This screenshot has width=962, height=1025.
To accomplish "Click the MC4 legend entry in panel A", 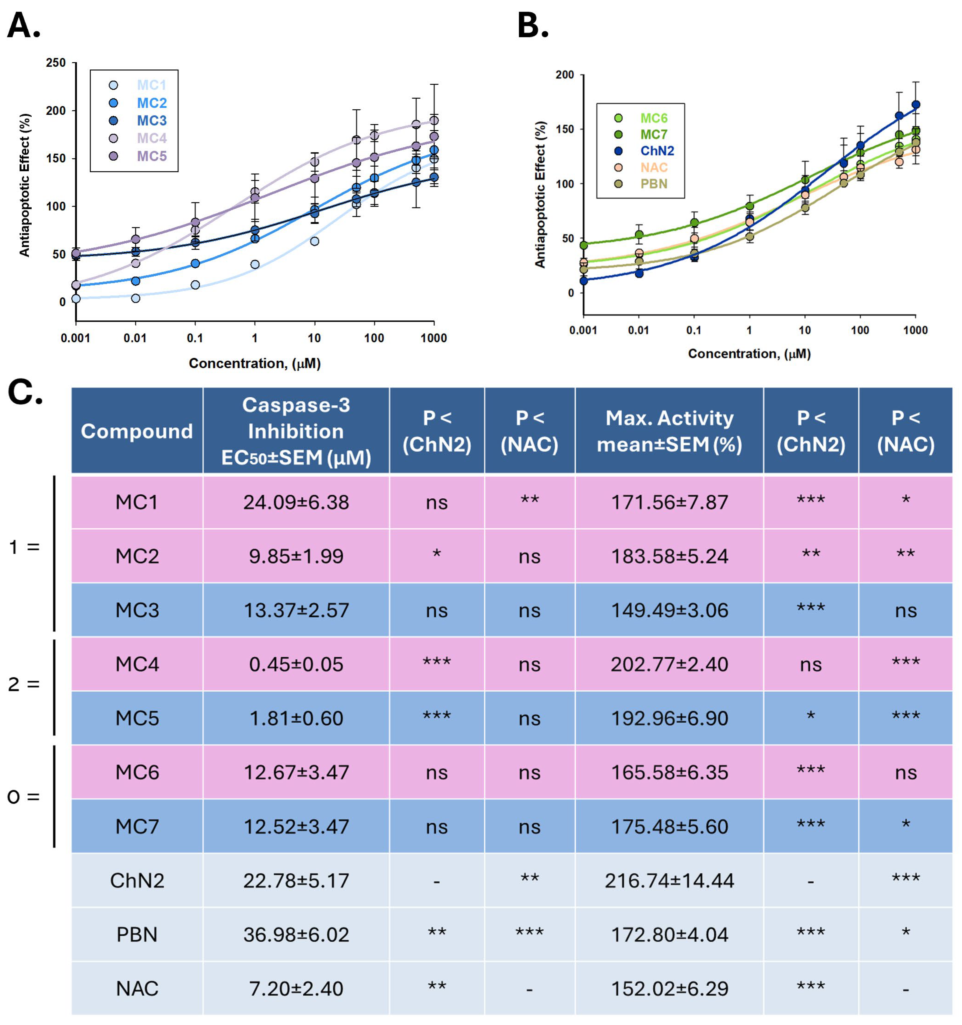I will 152,138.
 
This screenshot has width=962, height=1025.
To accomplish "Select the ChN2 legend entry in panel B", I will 657,150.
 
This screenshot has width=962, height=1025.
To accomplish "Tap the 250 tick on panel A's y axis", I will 56,63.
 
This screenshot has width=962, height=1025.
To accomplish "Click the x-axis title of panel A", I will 255,363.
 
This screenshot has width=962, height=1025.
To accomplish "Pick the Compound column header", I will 137,431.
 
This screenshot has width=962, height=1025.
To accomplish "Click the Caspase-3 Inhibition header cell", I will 296,431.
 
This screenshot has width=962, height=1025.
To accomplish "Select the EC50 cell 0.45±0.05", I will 296,664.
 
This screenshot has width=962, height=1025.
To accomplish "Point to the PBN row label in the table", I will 137,934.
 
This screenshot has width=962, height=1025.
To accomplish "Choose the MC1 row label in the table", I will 137,502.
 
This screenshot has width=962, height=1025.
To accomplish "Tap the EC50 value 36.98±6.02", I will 296,934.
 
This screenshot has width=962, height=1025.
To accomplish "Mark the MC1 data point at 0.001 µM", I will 76,299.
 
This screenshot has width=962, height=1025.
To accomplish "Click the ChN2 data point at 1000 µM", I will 916,105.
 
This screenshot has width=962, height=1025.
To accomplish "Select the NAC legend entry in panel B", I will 654,167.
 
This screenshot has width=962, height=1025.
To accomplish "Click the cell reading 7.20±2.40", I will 296,988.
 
